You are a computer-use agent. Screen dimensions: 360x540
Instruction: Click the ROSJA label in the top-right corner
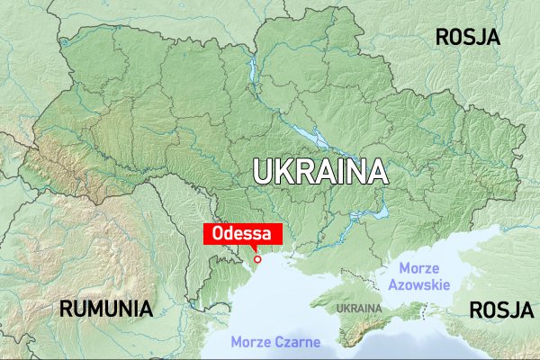467,37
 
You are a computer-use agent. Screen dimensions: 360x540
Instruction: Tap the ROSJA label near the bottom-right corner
501,310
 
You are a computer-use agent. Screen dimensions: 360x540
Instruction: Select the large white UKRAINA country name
319,172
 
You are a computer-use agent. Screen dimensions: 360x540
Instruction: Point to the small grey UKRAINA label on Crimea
358,309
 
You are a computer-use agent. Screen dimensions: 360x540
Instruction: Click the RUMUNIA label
105,309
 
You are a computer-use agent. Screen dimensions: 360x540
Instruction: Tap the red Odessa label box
243,233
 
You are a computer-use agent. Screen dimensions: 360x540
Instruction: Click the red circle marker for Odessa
257,259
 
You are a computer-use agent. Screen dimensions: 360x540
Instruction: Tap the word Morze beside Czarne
250,342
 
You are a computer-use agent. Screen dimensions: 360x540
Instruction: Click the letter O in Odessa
218,233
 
